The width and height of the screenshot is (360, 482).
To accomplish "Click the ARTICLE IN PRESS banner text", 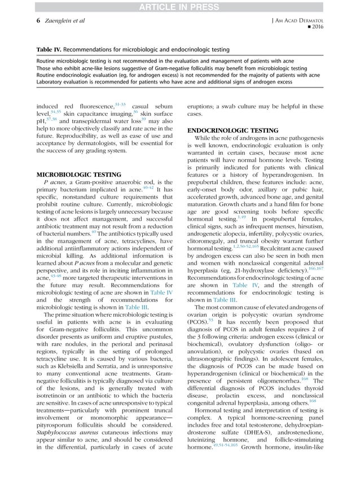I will click(x=179, y=6).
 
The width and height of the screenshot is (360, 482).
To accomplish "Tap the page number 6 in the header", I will click(x=32, y=20).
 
